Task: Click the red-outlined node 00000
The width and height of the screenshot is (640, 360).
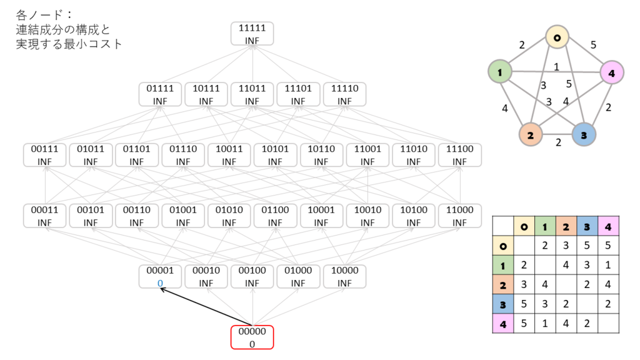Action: coord(252,337)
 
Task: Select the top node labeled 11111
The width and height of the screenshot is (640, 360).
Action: coord(252,34)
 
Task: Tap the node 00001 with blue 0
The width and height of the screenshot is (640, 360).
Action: coord(160,276)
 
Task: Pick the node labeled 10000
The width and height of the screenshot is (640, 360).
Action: coord(344,276)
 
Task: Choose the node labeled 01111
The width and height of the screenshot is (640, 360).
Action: coord(160,94)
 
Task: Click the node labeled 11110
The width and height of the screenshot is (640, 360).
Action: coord(344,94)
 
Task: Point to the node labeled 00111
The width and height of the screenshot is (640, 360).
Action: coord(44,155)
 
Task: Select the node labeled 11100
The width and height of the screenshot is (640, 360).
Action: coord(459,155)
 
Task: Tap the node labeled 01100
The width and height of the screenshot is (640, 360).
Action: coord(275,216)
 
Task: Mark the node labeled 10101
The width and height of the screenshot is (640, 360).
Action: coord(275,155)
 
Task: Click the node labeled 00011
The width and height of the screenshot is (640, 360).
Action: coord(44,216)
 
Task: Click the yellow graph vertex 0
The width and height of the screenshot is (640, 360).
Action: coord(557,37)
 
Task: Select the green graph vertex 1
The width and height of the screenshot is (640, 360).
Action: coord(500,72)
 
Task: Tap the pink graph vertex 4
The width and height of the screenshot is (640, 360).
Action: coord(612,72)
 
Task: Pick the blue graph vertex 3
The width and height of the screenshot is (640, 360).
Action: coord(584,135)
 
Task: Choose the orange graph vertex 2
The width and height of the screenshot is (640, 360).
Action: coord(530,135)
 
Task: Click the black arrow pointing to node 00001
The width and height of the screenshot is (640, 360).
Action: coord(206,307)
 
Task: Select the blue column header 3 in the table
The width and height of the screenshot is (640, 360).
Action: coord(587,226)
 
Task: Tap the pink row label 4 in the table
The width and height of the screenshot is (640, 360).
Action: coord(503,324)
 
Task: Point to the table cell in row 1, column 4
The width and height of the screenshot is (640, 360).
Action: coord(608,265)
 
